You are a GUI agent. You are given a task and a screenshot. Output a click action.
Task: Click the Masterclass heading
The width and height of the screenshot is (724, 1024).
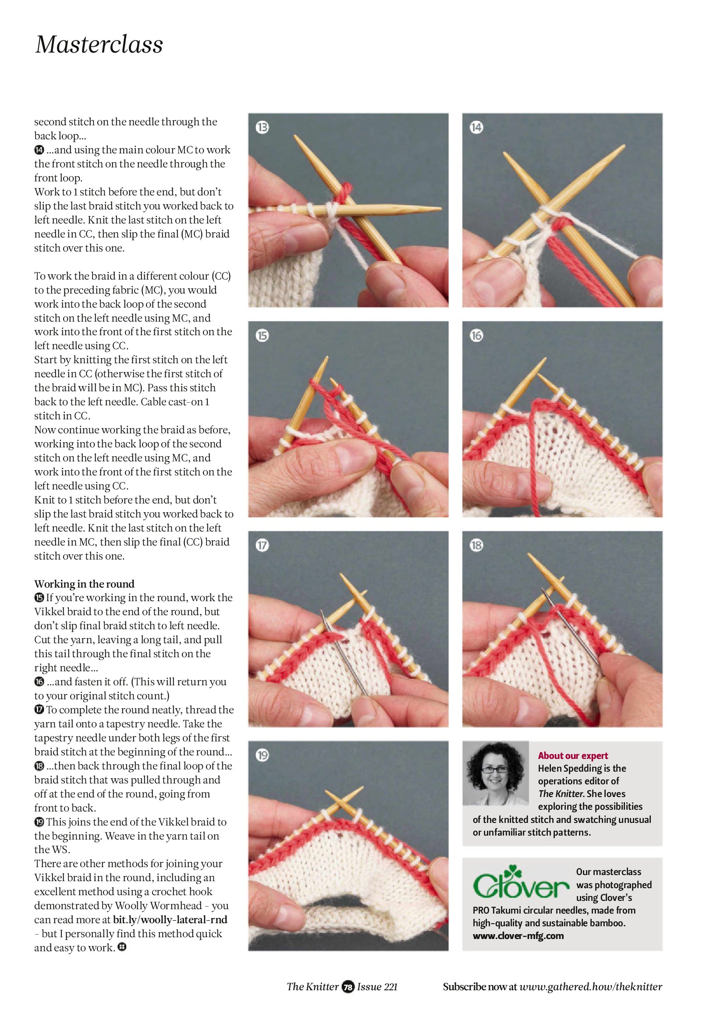[99, 45]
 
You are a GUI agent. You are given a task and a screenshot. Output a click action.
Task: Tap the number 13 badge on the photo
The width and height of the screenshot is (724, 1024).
[263, 128]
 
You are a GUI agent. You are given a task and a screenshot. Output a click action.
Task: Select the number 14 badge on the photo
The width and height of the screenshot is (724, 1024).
[476, 128]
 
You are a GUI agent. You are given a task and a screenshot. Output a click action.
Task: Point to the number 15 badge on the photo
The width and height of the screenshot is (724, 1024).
[263, 335]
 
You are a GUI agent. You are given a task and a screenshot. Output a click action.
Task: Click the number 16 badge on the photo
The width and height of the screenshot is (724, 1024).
[476, 335]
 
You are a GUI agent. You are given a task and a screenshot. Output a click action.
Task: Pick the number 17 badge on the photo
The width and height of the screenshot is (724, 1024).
[263, 545]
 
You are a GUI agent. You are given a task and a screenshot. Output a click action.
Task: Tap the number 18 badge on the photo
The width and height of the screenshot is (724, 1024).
[476, 545]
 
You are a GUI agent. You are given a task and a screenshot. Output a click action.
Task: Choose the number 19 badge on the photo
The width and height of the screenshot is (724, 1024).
[263, 755]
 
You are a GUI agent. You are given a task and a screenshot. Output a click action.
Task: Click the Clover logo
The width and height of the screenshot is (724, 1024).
[521, 882]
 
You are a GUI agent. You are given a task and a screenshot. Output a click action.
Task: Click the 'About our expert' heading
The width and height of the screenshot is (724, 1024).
[573, 755]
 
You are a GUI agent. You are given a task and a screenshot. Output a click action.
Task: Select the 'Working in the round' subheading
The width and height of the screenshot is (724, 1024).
[84, 584]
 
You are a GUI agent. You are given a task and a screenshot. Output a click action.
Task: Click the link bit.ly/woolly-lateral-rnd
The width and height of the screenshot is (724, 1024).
[170, 920]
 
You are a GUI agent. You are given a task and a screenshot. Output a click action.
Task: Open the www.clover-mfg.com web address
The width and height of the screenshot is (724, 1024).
[518, 935]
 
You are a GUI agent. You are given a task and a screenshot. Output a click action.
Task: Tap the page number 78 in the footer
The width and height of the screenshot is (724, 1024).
[348, 987]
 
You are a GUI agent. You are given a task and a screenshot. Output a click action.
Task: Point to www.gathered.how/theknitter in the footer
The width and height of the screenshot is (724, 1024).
[591, 987]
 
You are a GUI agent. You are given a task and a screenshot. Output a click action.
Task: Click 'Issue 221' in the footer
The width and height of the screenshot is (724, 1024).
[377, 987]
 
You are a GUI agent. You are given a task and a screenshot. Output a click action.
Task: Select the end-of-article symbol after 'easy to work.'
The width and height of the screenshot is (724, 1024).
[122, 947]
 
